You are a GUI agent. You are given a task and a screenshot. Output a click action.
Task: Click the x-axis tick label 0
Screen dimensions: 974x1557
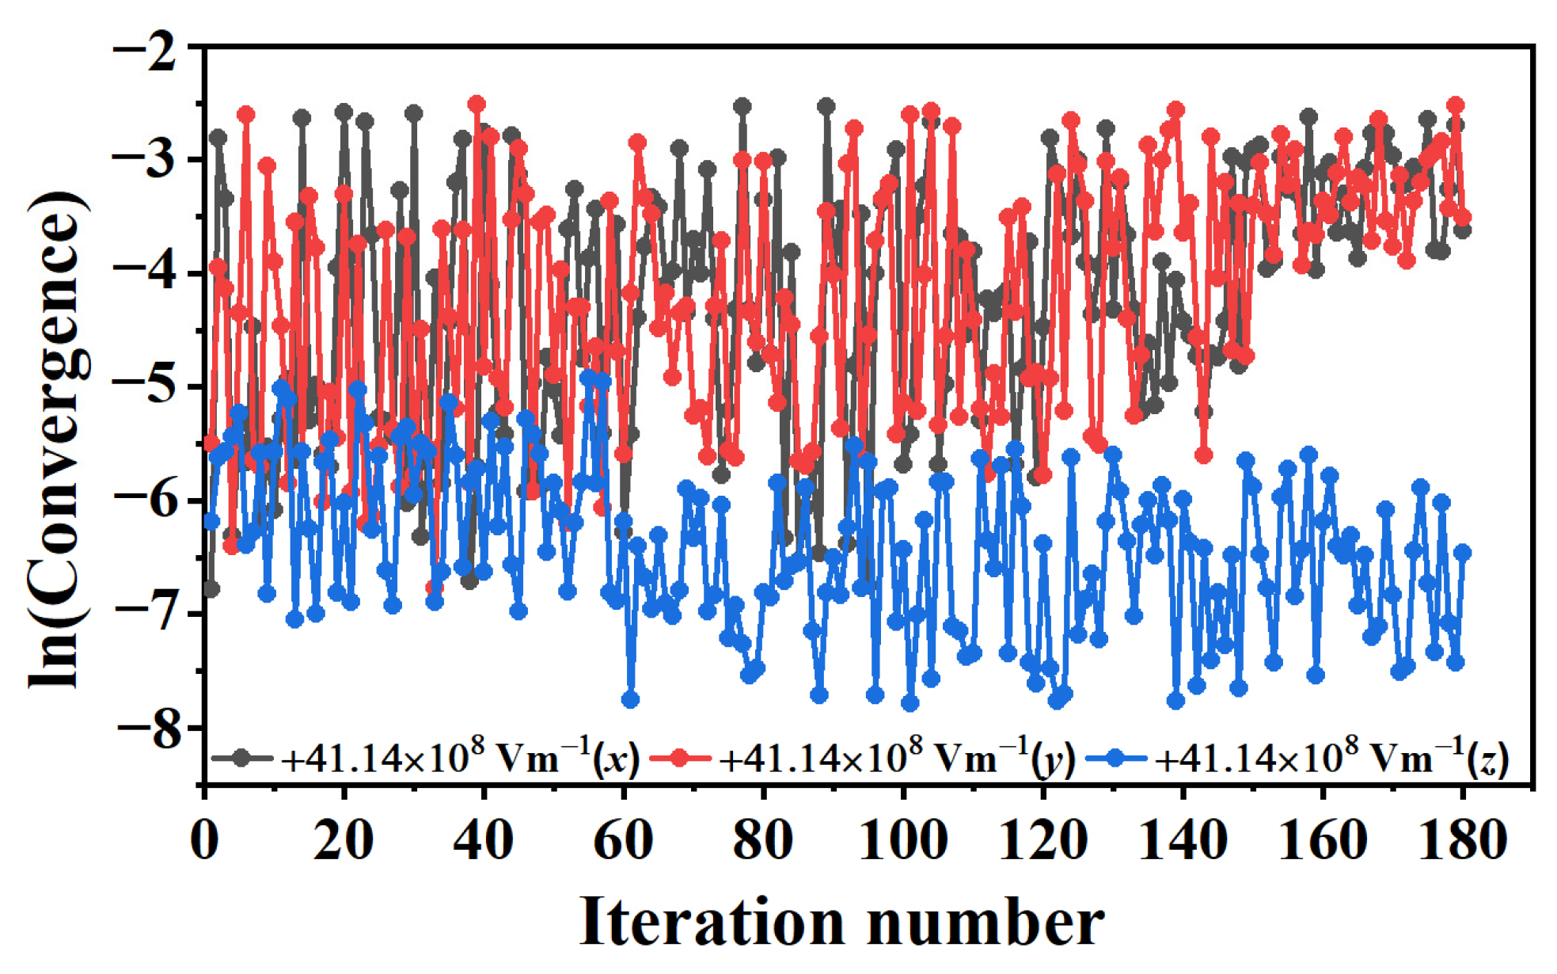204,840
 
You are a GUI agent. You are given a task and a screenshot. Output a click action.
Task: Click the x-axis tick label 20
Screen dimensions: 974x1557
343,840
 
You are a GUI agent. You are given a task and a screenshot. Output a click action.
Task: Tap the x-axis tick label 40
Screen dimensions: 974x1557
483,840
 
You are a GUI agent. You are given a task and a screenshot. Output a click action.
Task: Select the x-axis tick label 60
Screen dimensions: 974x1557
623,840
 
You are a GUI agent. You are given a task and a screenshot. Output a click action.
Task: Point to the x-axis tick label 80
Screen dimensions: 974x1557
762,840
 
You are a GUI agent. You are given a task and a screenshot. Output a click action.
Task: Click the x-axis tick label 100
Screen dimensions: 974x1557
902,840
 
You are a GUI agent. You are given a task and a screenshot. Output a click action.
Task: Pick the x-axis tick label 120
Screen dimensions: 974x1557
1042,840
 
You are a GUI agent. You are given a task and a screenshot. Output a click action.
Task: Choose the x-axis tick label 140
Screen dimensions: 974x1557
1183,840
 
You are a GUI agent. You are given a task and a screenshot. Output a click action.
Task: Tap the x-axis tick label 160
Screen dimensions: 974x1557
1323,840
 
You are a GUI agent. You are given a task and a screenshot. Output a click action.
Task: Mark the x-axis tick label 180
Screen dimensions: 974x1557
1462,840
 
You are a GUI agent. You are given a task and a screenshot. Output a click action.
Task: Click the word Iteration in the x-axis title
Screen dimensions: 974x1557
711,923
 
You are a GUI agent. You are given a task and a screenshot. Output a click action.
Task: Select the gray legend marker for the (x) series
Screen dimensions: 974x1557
242,758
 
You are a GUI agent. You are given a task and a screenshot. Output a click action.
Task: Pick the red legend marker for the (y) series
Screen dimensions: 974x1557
680,758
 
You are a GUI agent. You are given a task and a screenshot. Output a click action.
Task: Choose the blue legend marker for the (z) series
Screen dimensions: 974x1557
1115,758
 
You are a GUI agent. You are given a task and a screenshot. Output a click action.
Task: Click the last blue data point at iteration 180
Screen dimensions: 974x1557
1462,552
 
